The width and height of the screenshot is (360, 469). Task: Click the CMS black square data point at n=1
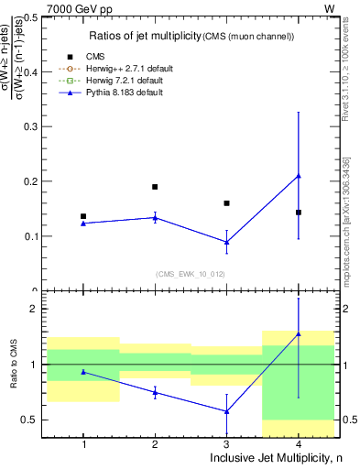click(x=83, y=216)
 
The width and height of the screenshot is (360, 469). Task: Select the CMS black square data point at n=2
click(x=155, y=187)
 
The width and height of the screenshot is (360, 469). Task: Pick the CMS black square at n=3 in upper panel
click(x=226, y=203)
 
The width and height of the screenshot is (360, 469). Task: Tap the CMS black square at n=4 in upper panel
click(x=299, y=213)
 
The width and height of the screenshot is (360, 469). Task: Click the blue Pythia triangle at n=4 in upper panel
click(x=299, y=176)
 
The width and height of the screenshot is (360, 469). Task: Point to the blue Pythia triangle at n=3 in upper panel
click(x=226, y=242)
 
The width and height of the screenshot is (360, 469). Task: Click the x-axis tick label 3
click(x=226, y=444)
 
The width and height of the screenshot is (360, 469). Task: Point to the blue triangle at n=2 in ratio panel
click(x=155, y=392)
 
